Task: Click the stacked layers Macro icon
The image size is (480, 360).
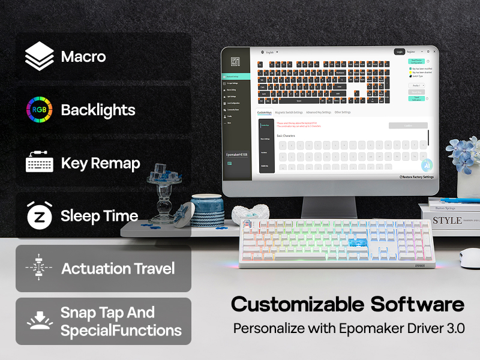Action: tap(40, 56)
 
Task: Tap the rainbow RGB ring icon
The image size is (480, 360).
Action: tap(40, 110)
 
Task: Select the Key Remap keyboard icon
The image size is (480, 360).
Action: tap(40, 163)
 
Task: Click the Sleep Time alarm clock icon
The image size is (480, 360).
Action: tap(40, 215)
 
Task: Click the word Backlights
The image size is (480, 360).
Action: tap(98, 110)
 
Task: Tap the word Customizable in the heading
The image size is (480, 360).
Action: tap(293, 304)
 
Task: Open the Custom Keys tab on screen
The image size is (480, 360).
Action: tap(264, 112)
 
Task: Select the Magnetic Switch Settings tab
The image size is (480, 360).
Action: tap(289, 112)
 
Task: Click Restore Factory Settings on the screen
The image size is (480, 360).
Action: tap(418, 177)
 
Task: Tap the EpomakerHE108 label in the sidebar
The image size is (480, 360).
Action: tap(237, 155)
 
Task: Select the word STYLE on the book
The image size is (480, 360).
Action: tap(448, 220)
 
